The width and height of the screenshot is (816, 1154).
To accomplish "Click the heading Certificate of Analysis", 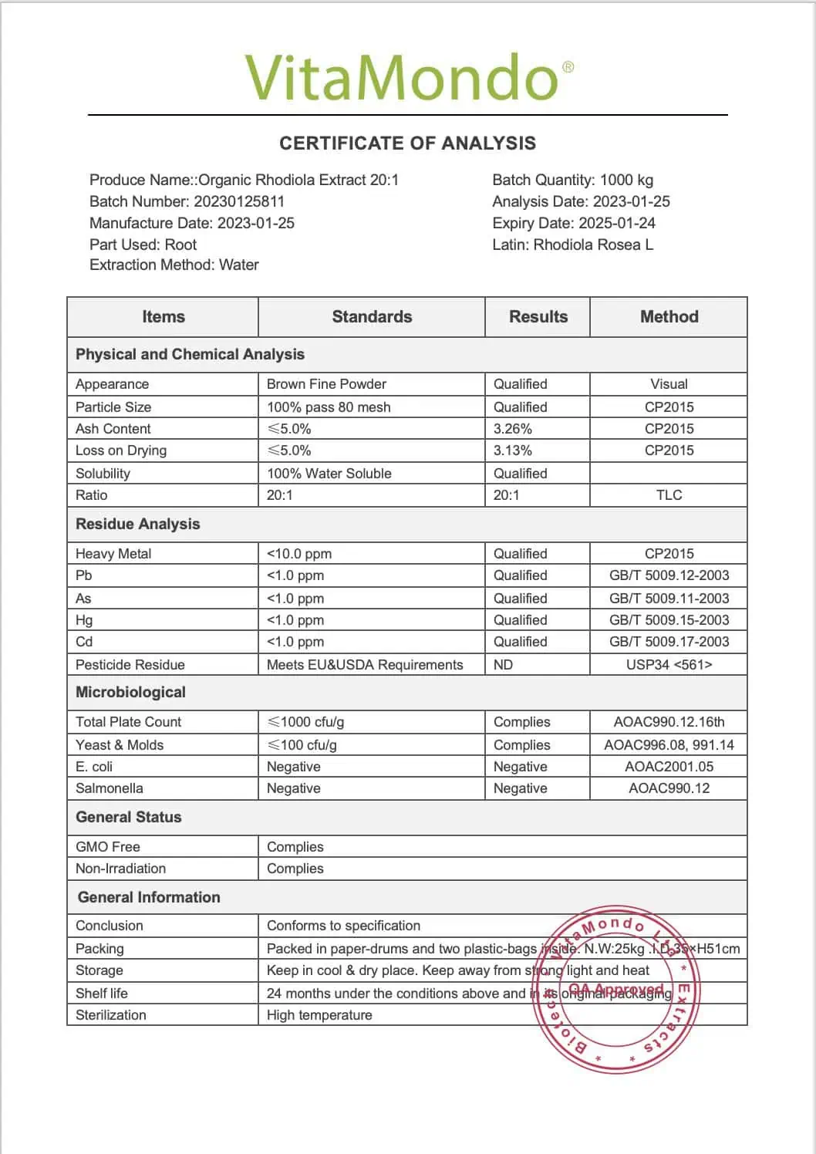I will (x=407, y=143).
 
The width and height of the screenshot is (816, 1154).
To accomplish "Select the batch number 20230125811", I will (x=239, y=201).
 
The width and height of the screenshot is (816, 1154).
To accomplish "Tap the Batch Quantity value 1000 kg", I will (x=626, y=180).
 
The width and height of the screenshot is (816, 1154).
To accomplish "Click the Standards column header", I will (x=372, y=316).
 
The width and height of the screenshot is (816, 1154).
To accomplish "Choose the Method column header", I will (x=669, y=316).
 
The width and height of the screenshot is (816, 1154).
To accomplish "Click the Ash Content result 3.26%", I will (x=513, y=429).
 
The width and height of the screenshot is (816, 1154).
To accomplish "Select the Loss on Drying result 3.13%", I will (x=513, y=450).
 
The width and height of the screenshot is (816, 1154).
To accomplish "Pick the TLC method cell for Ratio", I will (x=669, y=495).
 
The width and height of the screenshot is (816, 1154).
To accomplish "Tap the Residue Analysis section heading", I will (x=137, y=525).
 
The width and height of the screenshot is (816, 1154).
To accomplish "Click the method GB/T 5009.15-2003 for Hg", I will (x=669, y=620).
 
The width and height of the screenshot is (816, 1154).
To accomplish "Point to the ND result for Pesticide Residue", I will (x=503, y=665).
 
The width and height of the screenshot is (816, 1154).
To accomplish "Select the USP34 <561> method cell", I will (x=669, y=665).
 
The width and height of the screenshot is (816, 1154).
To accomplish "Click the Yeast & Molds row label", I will (x=120, y=745).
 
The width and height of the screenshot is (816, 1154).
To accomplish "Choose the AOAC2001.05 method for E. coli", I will (x=669, y=767).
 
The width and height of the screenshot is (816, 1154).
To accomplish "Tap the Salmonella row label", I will (x=110, y=788).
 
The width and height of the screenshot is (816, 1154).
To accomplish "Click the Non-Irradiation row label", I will (x=121, y=869).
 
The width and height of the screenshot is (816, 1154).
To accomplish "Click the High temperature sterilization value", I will (x=319, y=1015).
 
